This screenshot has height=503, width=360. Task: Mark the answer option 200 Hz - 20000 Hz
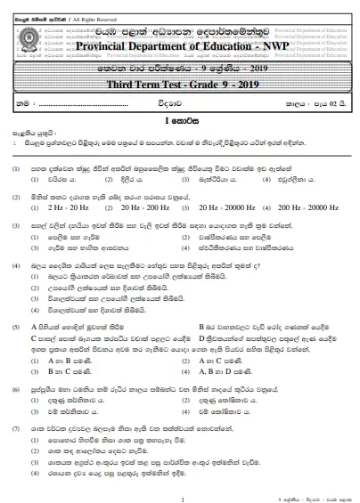[x=307, y=180]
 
